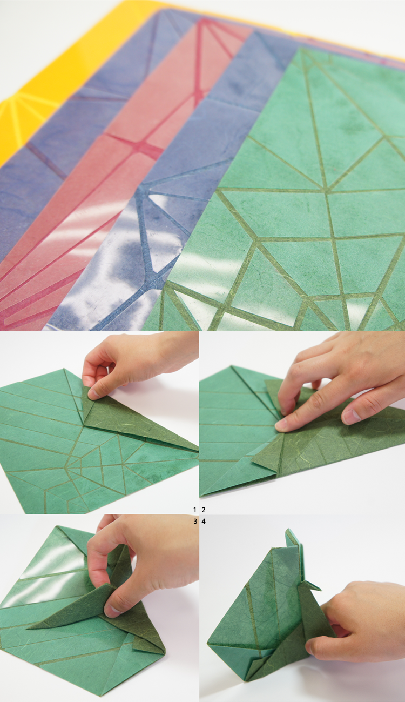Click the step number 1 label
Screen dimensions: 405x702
click(x=194, y=510)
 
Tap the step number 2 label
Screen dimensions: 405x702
click(x=204, y=510)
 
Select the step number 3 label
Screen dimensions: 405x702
click(x=195, y=521)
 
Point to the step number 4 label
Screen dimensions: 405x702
click(x=204, y=521)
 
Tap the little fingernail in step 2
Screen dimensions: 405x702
click(x=351, y=417)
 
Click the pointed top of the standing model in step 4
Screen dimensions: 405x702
click(x=287, y=530)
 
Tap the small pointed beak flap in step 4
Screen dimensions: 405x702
click(x=313, y=585)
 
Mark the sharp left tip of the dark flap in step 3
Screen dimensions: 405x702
click(x=27, y=627)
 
